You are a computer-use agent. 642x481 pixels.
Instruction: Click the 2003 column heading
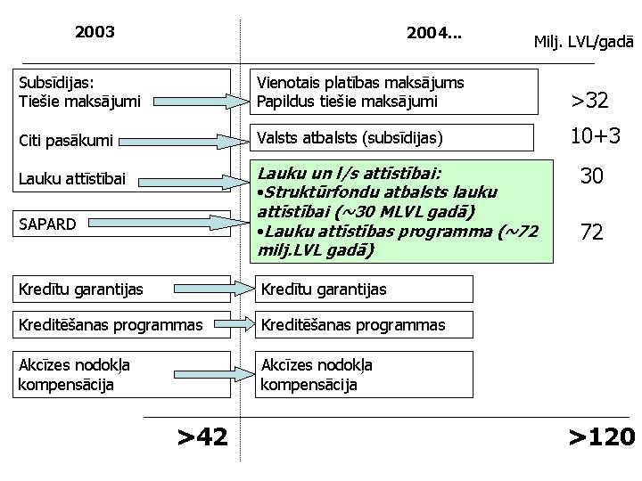(x=95, y=33)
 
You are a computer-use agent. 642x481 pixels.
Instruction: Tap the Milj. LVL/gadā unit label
(x=582, y=42)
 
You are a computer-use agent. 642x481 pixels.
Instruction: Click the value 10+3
(x=595, y=135)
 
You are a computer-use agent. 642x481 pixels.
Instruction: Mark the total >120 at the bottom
(x=602, y=436)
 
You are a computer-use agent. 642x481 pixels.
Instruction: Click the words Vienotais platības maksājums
(x=360, y=83)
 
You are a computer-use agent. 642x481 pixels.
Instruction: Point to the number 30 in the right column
(x=591, y=176)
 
